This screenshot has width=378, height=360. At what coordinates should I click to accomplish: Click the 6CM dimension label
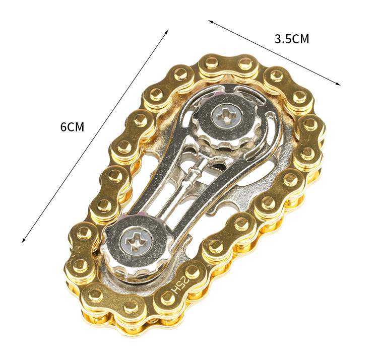coord(72,127)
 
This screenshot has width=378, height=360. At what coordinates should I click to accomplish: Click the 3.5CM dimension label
coord(292,39)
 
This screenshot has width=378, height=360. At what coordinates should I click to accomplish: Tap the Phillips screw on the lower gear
coord(137,241)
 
